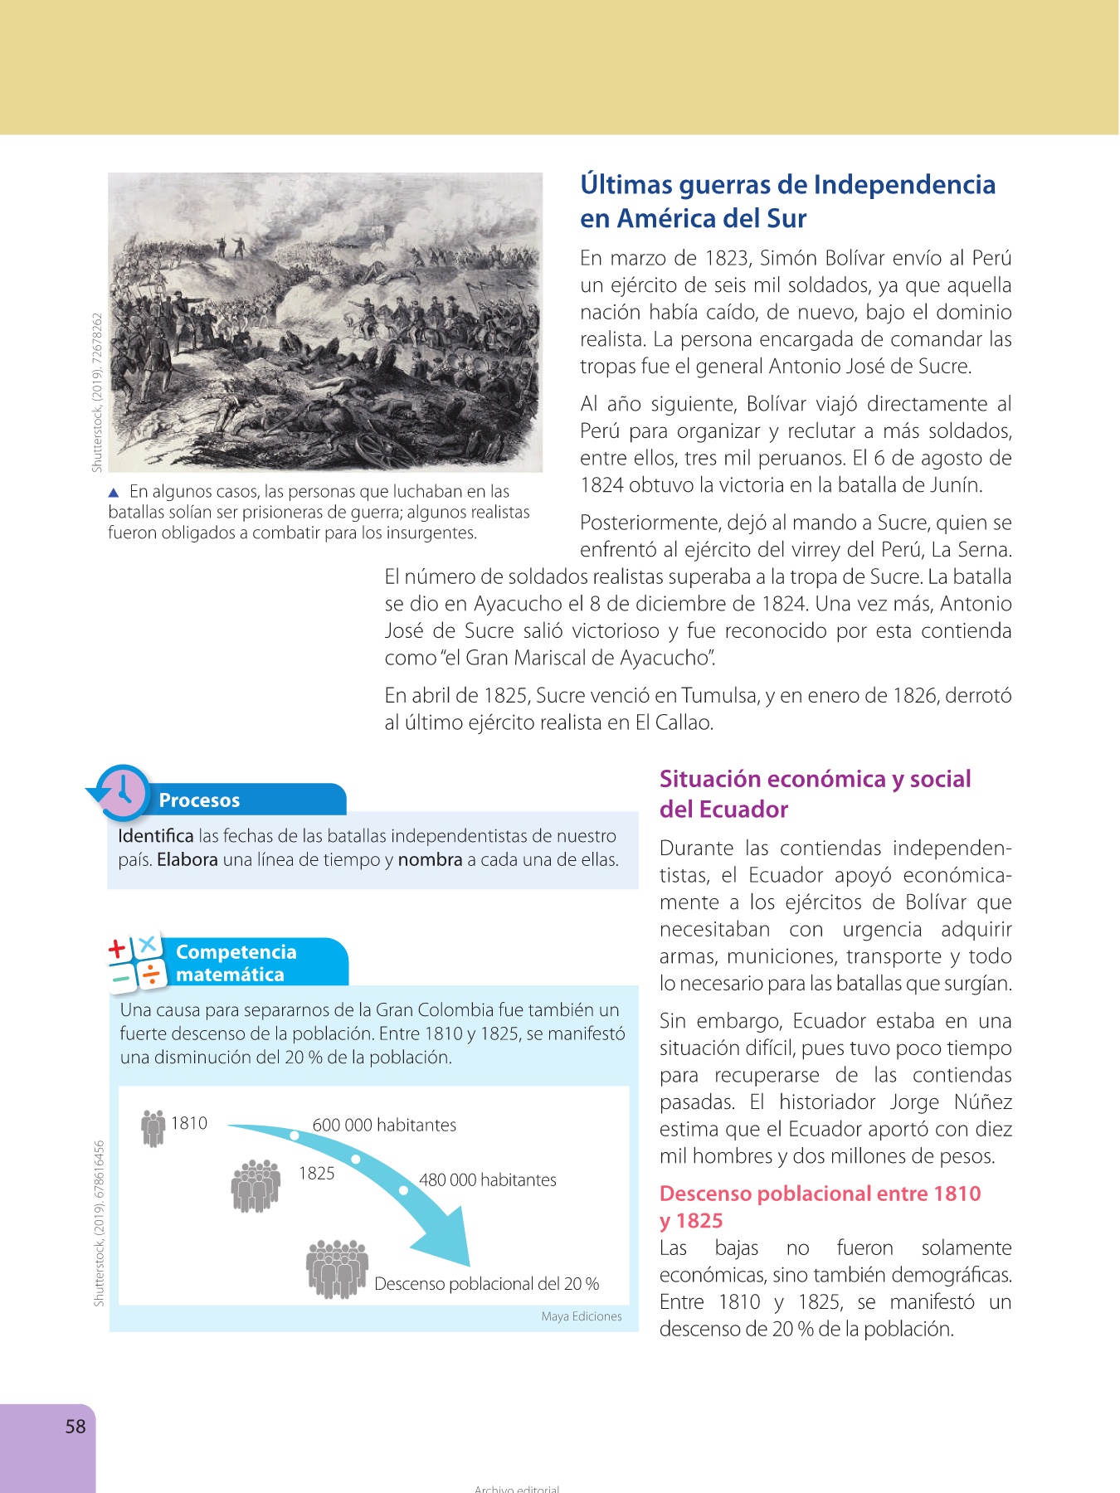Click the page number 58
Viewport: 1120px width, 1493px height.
(75, 1427)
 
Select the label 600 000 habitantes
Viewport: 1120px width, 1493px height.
(384, 1126)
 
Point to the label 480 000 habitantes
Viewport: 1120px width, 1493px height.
(487, 1180)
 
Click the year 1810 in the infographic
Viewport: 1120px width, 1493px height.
(189, 1123)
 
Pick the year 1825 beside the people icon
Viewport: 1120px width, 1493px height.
(317, 1174)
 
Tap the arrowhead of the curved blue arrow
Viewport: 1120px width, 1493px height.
(448, 1244)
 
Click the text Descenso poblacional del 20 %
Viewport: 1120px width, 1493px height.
(486, 1284)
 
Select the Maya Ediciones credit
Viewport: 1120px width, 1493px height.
(581, 1316)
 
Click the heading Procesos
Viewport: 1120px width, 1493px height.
(199, 800)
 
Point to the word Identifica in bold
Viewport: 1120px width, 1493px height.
(155, 836)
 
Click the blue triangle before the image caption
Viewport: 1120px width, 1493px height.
(114, 493)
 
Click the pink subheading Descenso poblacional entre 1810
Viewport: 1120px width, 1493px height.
(820, 1194)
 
